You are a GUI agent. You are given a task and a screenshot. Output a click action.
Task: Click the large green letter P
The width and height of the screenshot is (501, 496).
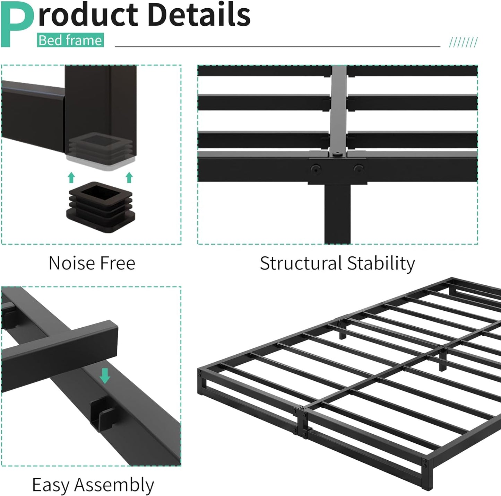tap(17, 24)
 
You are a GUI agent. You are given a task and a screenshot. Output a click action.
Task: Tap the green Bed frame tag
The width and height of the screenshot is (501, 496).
tap(70, 40)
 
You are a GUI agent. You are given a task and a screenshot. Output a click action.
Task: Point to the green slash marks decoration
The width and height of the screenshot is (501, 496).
tap(463, 42)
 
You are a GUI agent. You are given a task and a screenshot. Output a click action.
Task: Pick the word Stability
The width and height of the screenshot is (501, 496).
tap(381, 264)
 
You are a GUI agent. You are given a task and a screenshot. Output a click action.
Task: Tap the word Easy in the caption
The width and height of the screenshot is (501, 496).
tap(50, 485)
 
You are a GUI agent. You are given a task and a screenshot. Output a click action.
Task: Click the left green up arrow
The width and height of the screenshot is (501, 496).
tap(71, 177)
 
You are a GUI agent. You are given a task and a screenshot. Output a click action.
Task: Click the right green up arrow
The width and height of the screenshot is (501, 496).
tap(129, 177)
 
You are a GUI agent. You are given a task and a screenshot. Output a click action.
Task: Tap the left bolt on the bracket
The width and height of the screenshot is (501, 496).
tap(315, 169)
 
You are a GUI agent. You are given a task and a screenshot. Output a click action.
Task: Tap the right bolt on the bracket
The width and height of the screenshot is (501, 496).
tap(358, 169)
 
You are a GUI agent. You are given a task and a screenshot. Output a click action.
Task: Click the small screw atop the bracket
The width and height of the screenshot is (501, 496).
tap(337, 153)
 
